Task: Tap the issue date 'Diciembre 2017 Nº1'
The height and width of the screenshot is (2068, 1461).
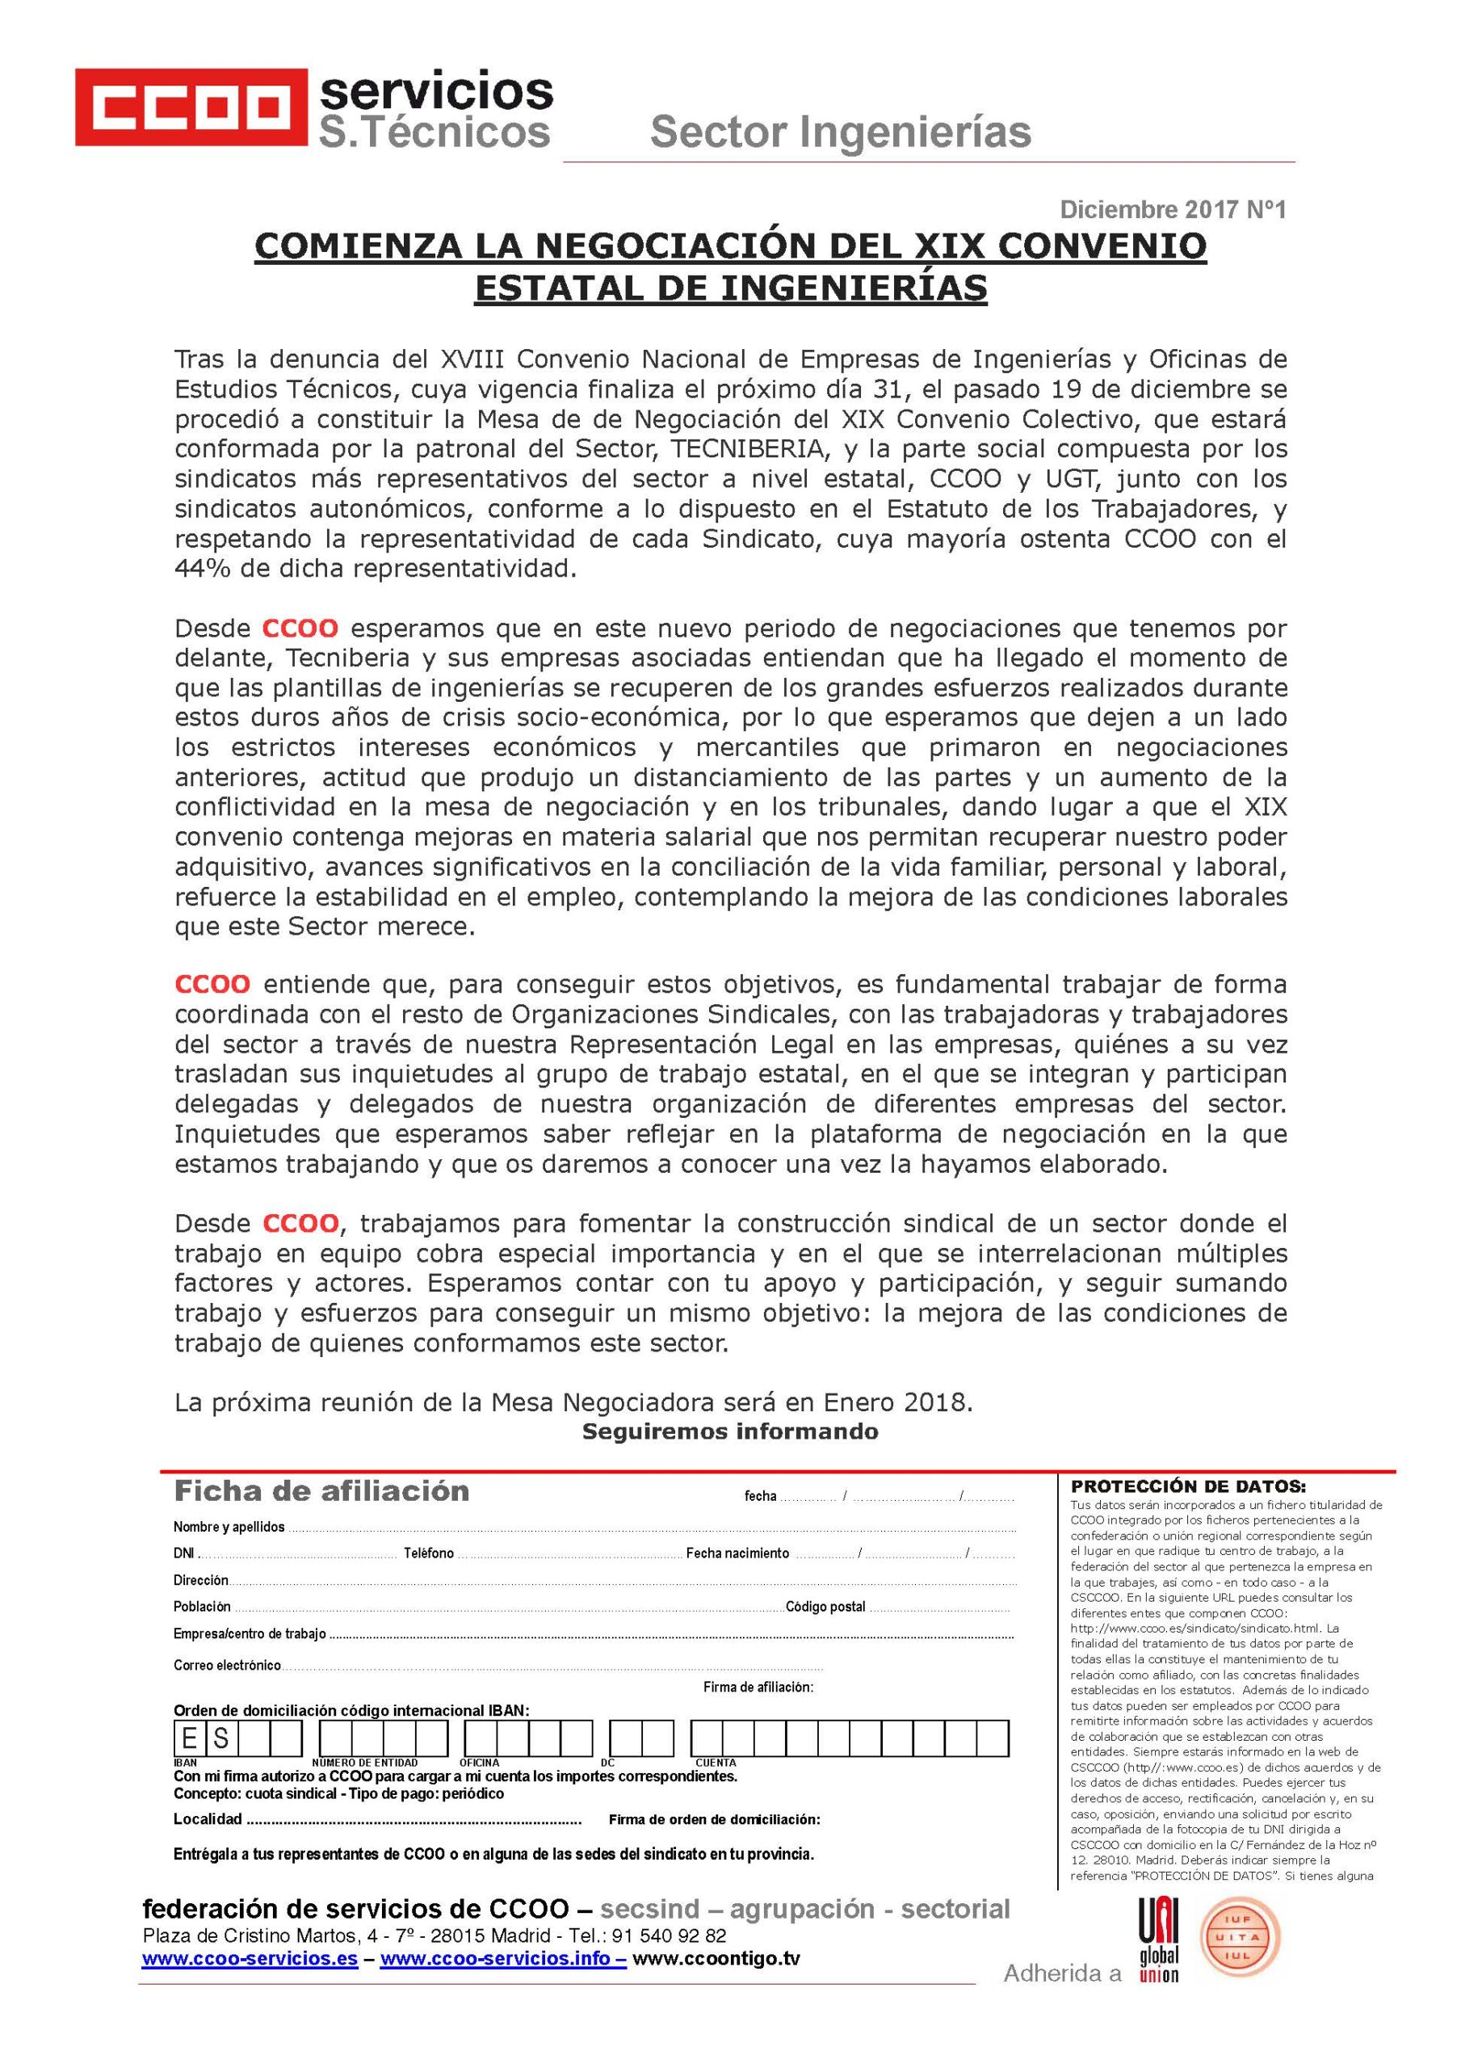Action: (x=1173, y=211)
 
